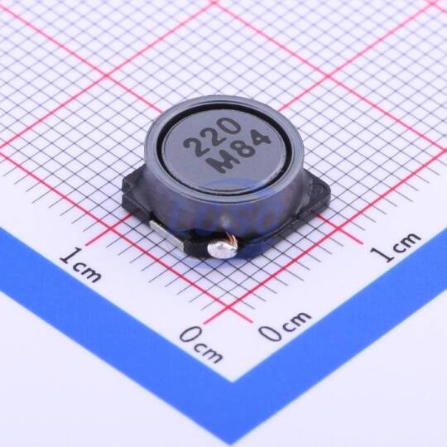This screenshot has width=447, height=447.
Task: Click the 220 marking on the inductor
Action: click(212, 138)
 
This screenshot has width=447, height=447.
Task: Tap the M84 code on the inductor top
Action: click(238, 153)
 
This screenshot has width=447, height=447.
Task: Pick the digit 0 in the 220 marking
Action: click(228, 127)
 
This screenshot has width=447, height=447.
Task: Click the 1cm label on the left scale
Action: click(80, 264)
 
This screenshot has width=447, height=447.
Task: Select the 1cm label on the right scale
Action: click(395, 247)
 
